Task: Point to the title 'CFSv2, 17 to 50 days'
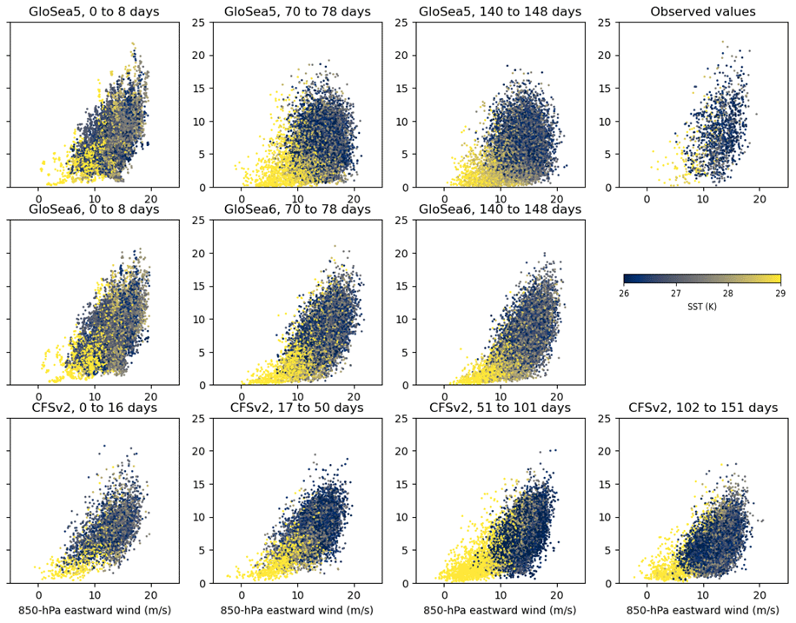[296, 408]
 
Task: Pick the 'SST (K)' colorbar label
[702, 307]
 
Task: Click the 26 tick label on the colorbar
[624, 294]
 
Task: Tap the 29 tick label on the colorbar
[780, 294]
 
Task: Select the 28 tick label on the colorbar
[728, 294]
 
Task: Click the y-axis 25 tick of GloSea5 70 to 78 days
[202, 22]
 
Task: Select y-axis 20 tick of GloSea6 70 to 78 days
[202, 253]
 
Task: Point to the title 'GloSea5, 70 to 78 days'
[296, 11]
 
